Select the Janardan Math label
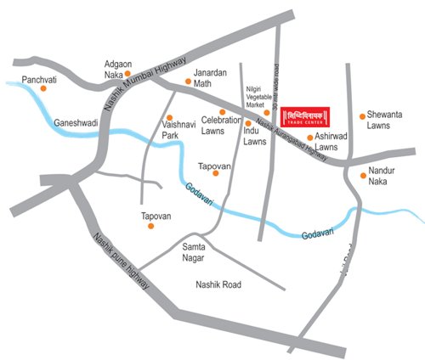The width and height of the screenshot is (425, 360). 208,78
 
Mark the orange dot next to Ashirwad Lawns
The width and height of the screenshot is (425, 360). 309,136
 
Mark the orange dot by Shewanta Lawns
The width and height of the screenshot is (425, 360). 363,115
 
